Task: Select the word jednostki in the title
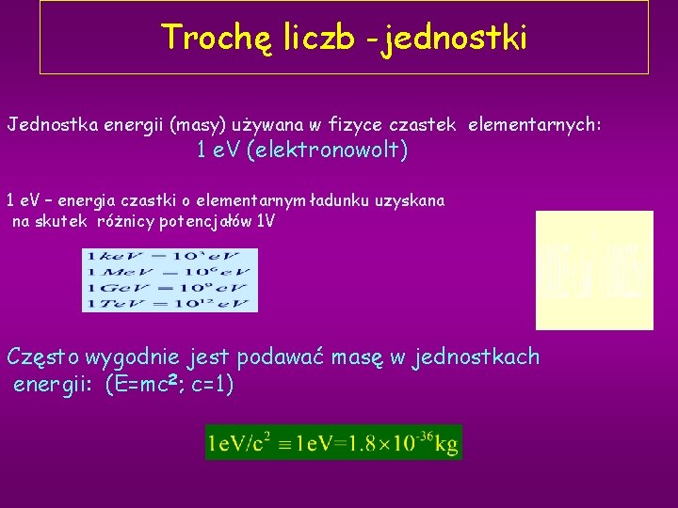456,38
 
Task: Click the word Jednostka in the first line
46,124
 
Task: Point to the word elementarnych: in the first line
534,124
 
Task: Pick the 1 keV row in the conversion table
169,256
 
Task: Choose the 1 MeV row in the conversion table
169,272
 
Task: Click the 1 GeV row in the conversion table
169,288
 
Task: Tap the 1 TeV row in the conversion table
169,303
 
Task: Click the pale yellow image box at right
594,270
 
